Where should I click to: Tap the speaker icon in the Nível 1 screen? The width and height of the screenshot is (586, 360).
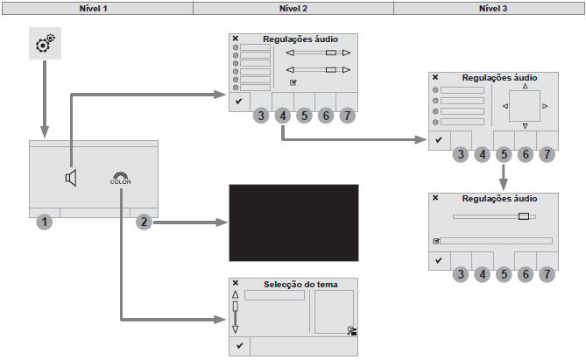(x=71, y=179)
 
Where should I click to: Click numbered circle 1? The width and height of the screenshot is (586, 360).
(x=46, y=222)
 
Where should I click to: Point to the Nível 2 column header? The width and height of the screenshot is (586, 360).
(x=293, y=7)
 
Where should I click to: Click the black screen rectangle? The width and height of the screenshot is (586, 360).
(x=293, y=219)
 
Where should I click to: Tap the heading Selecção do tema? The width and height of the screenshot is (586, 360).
(x=300, y=284)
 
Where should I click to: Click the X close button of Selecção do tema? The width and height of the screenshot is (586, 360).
(x=236, y=283)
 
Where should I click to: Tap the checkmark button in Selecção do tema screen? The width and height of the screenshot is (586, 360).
(x=239, y=346)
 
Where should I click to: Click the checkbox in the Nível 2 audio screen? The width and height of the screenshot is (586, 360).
(x=293, y=82)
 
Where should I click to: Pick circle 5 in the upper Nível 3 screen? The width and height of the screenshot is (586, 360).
(x=504, y=155)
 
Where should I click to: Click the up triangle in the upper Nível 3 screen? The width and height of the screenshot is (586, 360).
(x=525, y=87)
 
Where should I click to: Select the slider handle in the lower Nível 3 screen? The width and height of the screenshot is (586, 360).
(x=523, y=215)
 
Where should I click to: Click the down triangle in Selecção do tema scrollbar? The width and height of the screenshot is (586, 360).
(x=235, y=329)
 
